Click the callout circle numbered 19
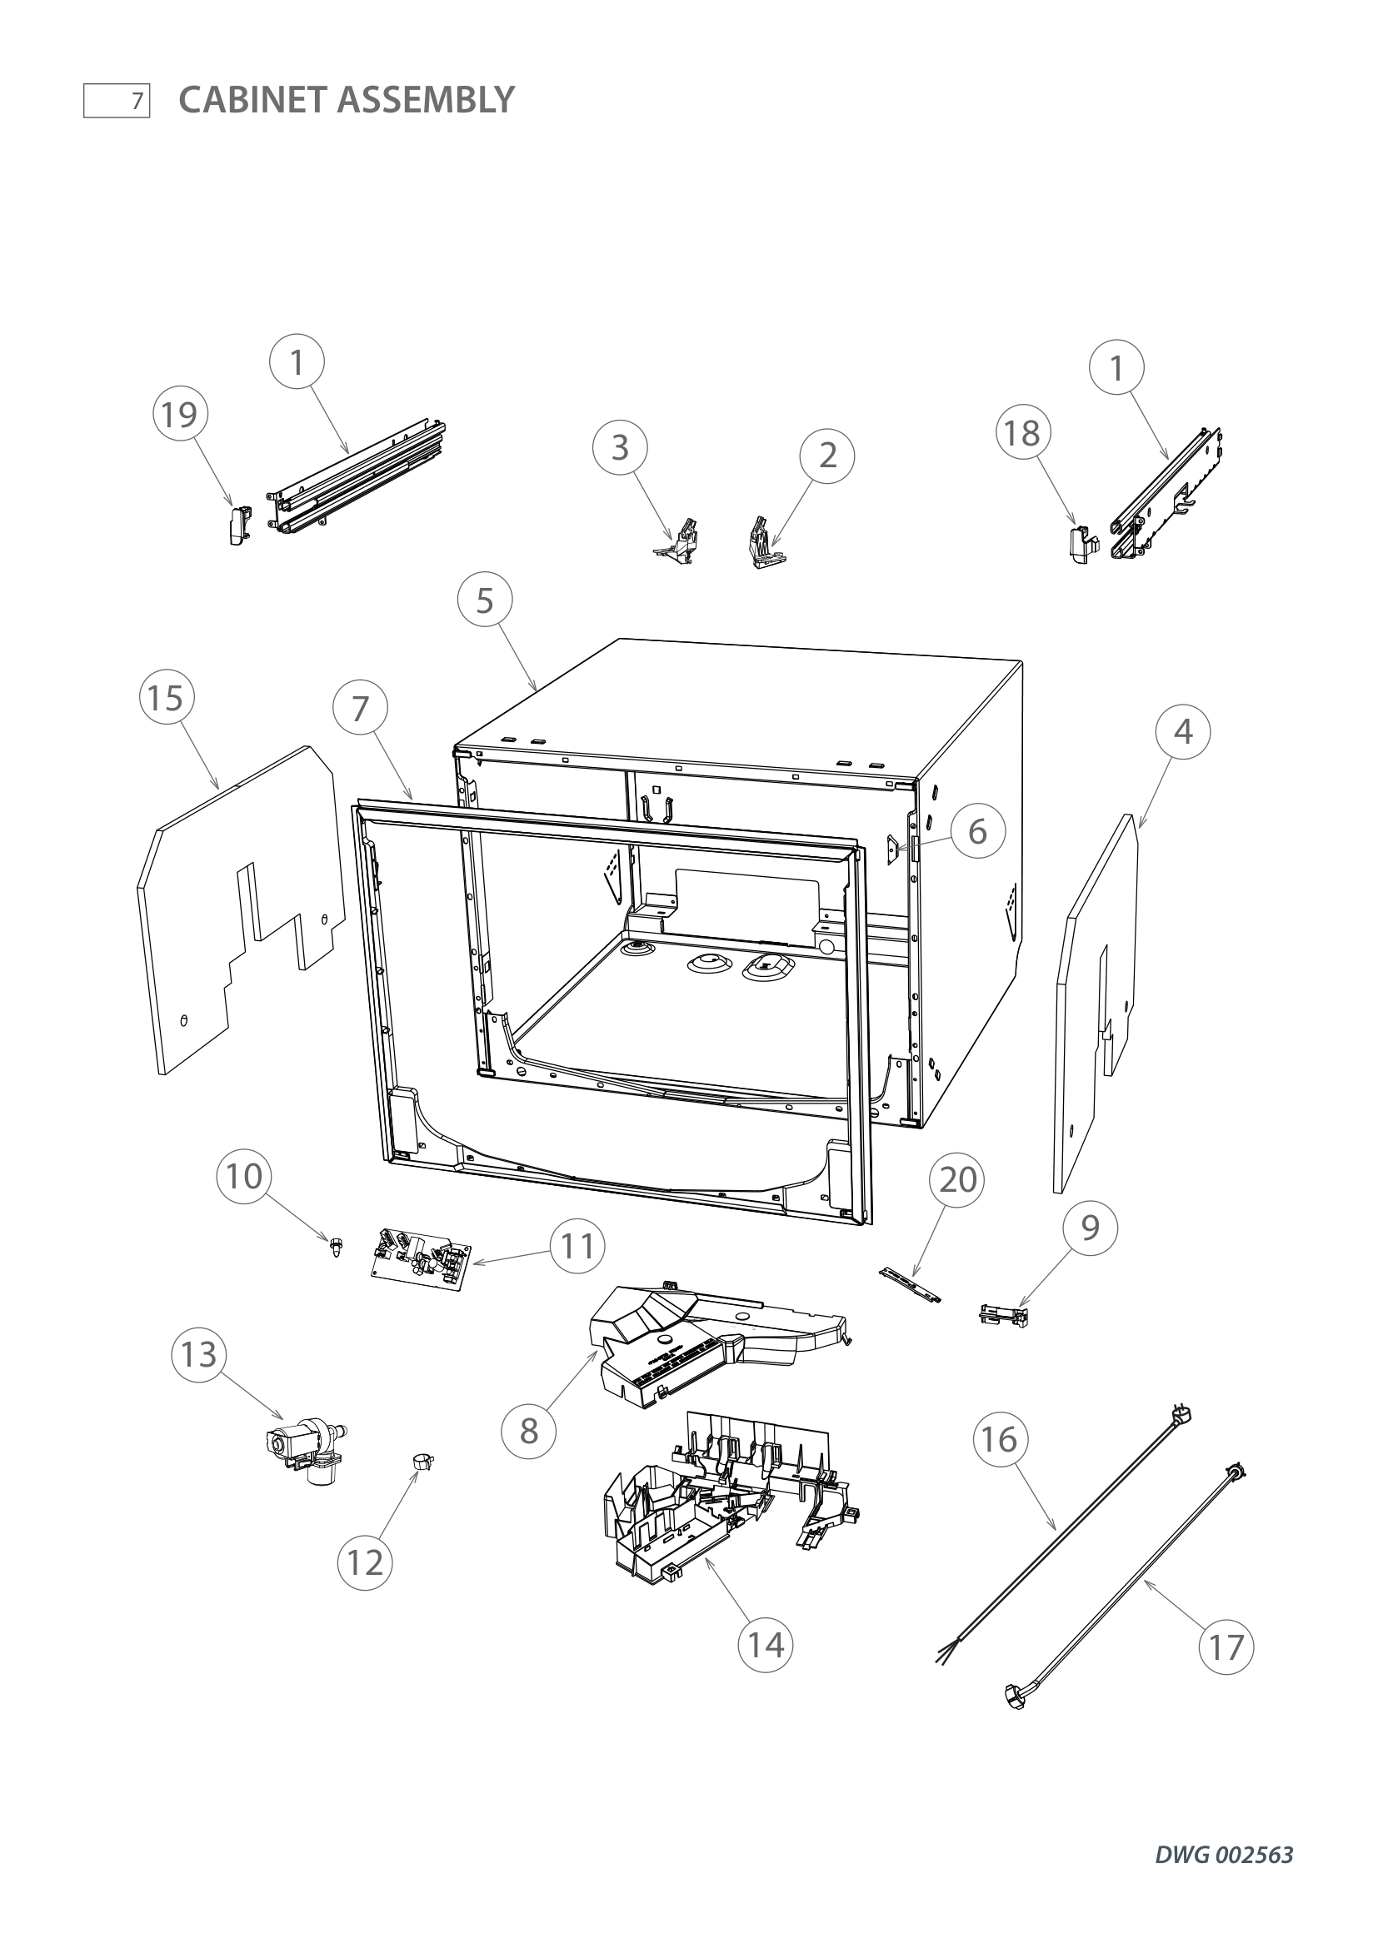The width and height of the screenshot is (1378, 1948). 180,415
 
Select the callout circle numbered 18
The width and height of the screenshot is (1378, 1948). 1022,433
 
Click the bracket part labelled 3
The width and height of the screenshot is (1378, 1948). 677,541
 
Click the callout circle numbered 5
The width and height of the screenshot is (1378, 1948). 485,600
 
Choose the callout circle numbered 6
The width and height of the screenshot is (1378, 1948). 977,831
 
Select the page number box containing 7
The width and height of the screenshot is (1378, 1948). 117,101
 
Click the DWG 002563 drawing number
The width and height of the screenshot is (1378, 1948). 1224,1878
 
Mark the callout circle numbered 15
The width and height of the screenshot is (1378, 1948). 167,698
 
